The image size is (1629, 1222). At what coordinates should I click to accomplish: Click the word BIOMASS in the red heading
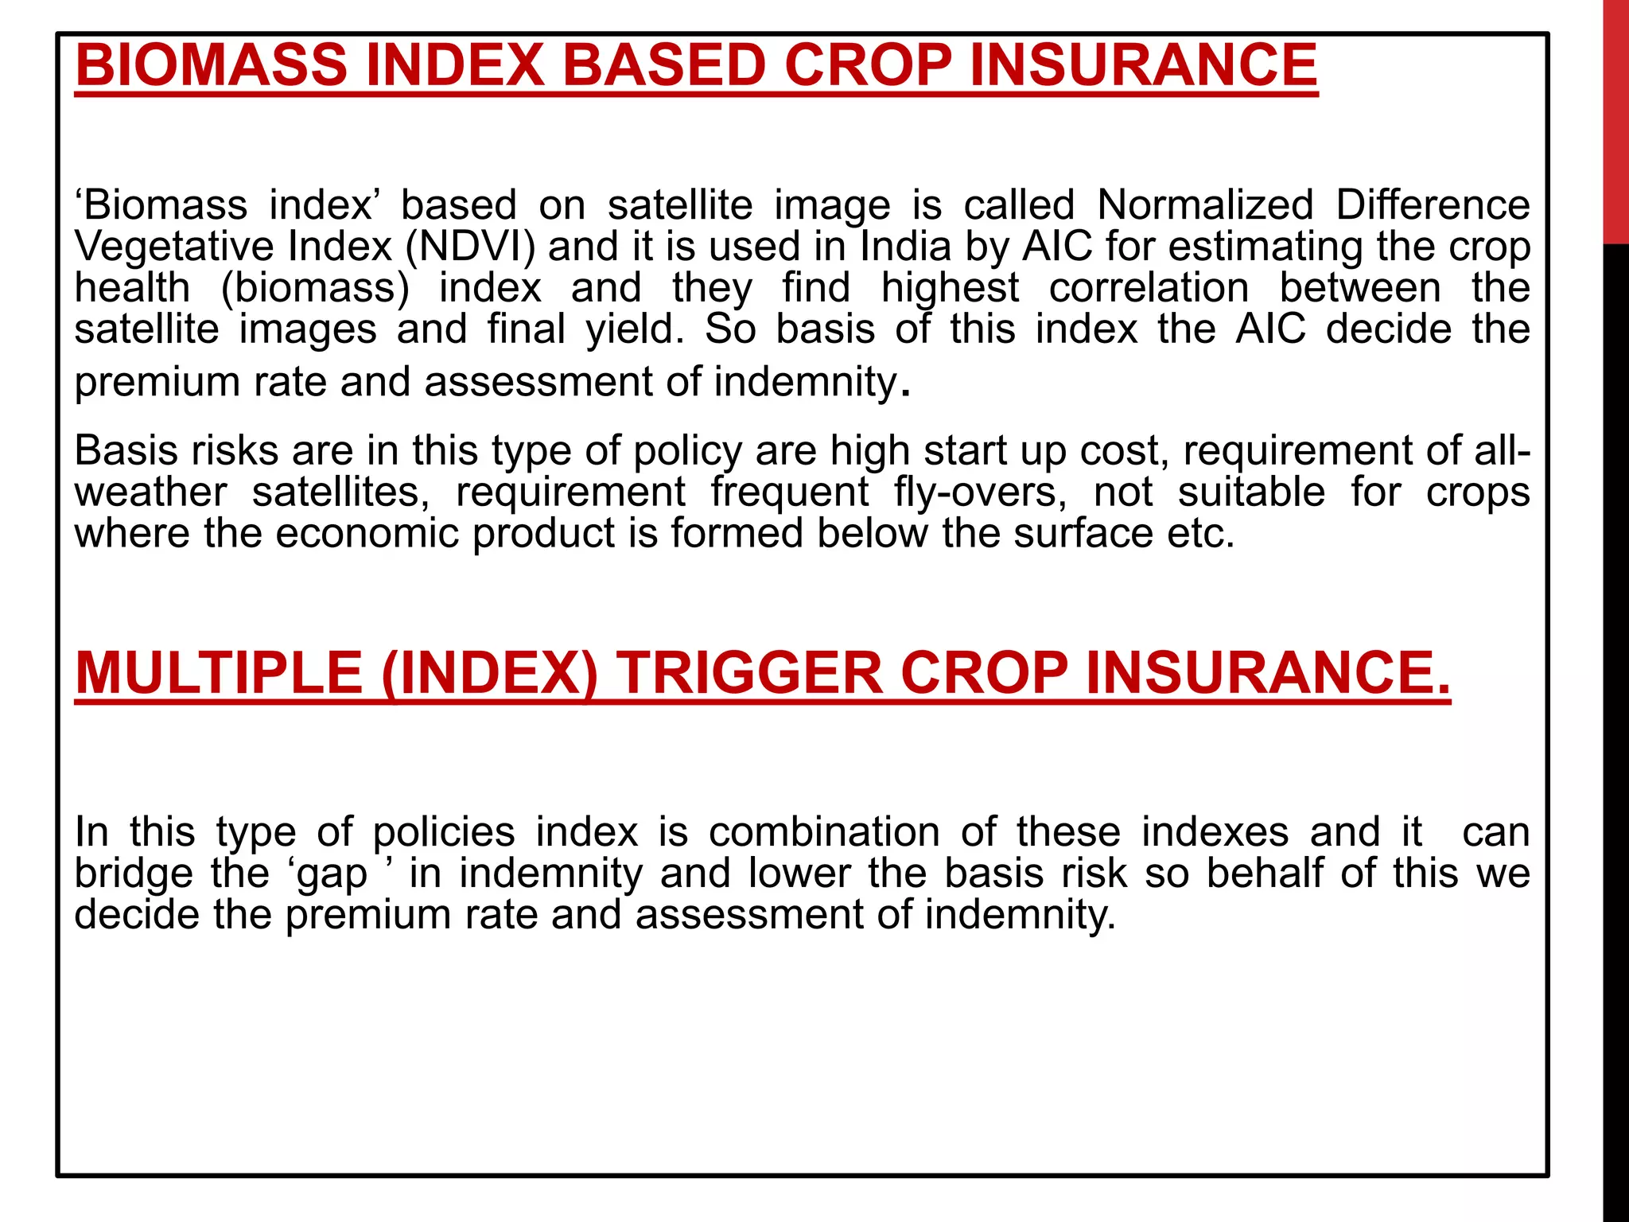[x=212, y=65]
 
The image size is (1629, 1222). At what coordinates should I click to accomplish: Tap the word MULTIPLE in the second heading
[x=219, y=673]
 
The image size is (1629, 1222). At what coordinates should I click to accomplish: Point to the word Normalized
[x=1205, y=205]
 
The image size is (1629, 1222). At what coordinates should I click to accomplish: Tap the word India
[x=906, y=247]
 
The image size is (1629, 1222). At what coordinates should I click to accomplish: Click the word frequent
[x=790, y=492]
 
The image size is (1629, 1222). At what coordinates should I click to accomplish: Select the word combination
[x=824, y=832]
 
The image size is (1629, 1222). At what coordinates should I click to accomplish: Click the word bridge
[x=134, y=874]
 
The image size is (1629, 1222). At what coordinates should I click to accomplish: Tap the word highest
[x=950, y=288]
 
